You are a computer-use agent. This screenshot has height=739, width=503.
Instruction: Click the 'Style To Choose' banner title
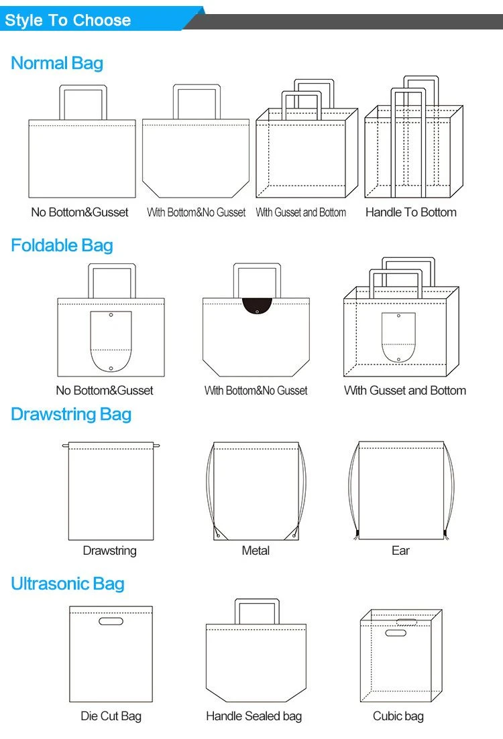(x=68, y=20)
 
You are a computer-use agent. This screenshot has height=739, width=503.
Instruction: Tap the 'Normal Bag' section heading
(x=57, y=63)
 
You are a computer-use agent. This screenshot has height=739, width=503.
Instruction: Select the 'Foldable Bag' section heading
(x=62, y=245)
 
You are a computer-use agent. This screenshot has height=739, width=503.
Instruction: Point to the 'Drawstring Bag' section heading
(x=71, y=414)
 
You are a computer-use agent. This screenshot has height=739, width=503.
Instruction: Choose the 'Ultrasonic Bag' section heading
(x=68, y=584)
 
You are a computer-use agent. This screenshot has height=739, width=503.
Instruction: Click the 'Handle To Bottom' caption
(x=411, y=212)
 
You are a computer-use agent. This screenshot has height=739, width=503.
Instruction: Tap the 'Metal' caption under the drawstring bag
(x=256, y=551)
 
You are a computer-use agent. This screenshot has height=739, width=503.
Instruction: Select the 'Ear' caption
(x=400, y=551)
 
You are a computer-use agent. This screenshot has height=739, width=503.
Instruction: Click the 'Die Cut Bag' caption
(x=111, y=716)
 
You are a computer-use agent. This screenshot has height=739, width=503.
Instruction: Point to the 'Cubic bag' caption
(x=398, y=716)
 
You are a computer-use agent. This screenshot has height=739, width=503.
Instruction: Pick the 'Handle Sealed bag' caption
(x=254, y=716)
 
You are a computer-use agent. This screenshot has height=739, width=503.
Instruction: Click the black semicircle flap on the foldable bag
(x=257, y=306)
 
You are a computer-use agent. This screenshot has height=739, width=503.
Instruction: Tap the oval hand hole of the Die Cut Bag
(x=111, y=621)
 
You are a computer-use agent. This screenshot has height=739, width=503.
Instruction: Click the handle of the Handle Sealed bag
(x=257, y=600)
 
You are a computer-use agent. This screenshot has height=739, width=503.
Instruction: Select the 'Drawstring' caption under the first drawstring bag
(x=110, y=551)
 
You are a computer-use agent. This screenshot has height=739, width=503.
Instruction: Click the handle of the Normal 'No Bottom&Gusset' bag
(x=82, y=86)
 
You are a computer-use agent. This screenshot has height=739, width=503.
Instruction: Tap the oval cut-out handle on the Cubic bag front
(x=396, y=633)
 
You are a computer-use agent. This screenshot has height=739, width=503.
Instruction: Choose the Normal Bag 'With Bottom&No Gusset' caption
(x=197, y=212)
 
